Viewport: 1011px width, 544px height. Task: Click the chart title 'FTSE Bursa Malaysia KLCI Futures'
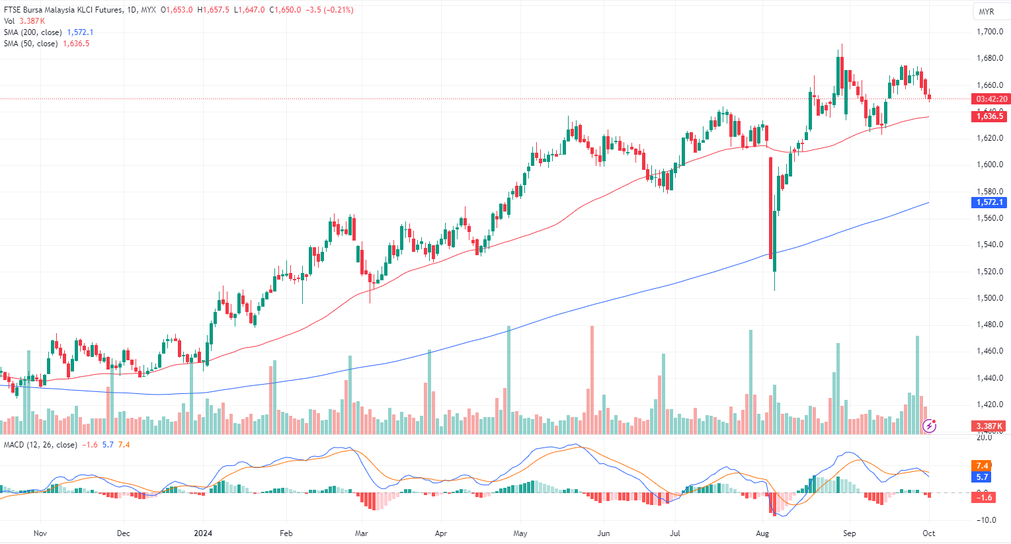63,10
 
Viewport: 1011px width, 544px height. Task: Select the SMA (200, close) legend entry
33,32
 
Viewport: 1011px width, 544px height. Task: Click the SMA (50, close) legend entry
31,44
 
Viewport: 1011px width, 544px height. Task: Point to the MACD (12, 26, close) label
40,445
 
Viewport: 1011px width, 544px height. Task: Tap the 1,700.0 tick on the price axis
990,32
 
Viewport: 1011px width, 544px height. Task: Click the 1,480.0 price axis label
990,325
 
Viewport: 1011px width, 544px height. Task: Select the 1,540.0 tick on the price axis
990,245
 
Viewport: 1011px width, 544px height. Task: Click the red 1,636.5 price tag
989,116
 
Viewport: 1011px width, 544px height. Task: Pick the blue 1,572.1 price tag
989,202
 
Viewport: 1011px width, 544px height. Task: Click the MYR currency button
987,12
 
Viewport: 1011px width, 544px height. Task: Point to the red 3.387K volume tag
989,426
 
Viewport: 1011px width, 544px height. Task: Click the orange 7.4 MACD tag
982,466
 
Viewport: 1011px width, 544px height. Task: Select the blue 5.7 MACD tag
982,477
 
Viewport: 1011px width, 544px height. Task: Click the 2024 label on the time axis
203,533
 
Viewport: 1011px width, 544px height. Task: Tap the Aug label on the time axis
762,533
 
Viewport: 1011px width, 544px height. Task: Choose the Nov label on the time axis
40,533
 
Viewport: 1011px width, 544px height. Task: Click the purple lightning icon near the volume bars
930,426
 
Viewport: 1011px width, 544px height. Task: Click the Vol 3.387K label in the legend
24,21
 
